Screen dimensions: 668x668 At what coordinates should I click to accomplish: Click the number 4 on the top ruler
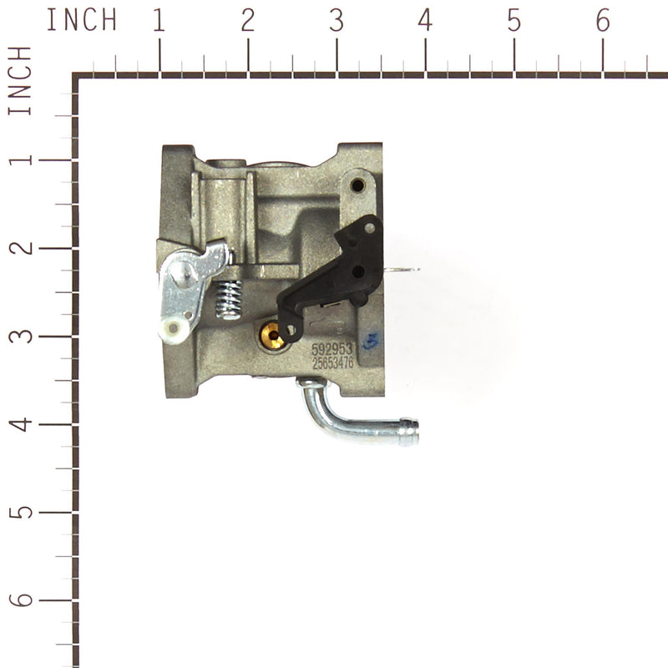click(x=425, y=21)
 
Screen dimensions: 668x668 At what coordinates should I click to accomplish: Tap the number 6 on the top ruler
click(x=603, y=21)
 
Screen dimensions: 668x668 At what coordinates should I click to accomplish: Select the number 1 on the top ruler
click(x=159, y=21)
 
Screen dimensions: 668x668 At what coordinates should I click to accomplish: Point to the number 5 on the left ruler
click(x=24, y=510)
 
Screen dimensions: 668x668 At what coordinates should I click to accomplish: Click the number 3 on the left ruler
click(x=24, y=336)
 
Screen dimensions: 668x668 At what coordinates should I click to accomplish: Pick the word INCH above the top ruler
click(x=81, y=20)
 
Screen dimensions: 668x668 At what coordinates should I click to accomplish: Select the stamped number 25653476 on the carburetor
click(x=332, y=363)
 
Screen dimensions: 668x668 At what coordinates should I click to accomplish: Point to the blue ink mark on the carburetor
click(x=372, y=340)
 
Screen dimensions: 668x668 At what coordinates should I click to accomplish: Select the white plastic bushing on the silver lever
click(x=174, y=329)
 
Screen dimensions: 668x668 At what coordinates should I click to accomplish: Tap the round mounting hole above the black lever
click(x=358, y=184)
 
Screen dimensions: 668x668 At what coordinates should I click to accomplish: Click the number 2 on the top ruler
click(x=247, y=21)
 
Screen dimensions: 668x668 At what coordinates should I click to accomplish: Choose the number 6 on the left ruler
click(x=24, y=600)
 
